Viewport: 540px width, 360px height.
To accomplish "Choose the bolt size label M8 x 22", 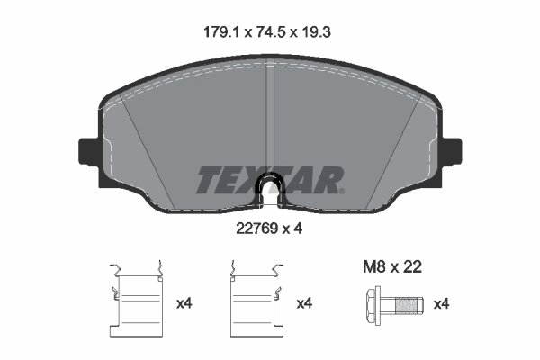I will pos(391,266).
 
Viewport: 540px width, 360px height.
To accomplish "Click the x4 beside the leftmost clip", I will pos(184,304).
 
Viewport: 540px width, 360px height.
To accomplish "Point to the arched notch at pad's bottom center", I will pos(271,188).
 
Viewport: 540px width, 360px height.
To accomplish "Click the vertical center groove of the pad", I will pos(271,108).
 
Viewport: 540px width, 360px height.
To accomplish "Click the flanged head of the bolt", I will pos(373,304).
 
